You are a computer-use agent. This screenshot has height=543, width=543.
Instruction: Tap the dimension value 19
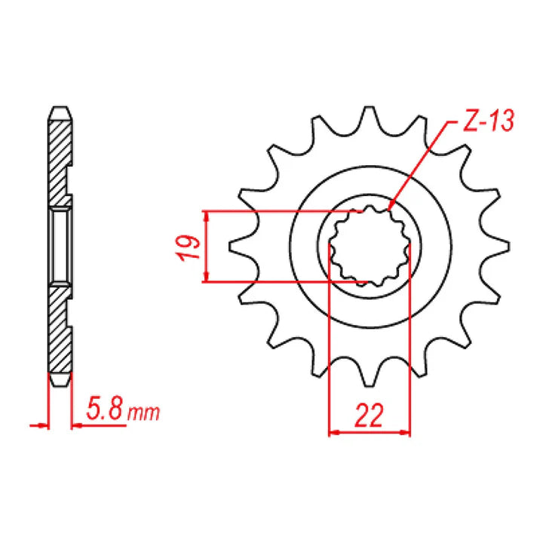coord(189,247)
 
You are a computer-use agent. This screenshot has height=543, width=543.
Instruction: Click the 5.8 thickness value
coord(105,411)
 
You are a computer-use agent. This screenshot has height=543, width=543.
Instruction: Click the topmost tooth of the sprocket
coord(369,117)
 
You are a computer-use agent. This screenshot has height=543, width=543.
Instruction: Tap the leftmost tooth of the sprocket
coord(240,246)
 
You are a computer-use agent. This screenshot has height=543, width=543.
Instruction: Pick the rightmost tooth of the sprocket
coord(498,246)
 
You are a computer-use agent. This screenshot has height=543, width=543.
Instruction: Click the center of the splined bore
coord(369,246)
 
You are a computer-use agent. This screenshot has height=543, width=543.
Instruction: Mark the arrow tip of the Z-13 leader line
coord(390,206)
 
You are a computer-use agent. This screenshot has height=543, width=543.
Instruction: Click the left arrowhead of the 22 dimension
coord(334,433)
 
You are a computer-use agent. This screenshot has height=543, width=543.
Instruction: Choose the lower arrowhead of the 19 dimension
coord(205,278)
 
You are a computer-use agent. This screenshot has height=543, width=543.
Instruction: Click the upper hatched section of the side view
coord(60,158)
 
